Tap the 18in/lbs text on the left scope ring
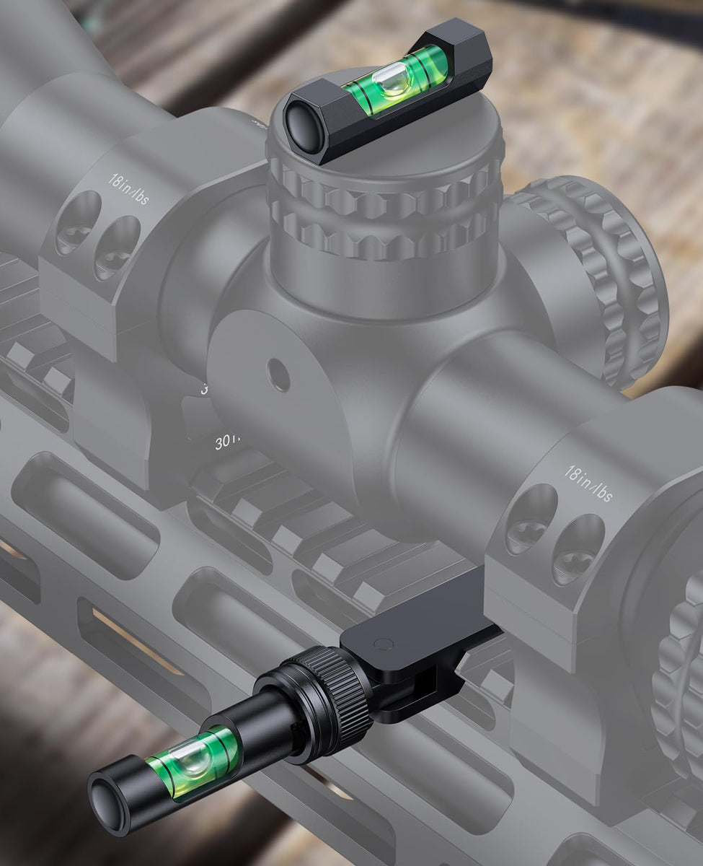pyautogui.click(x=130, y=188)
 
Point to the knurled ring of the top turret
pyautogui.click(x=382, y=209)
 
